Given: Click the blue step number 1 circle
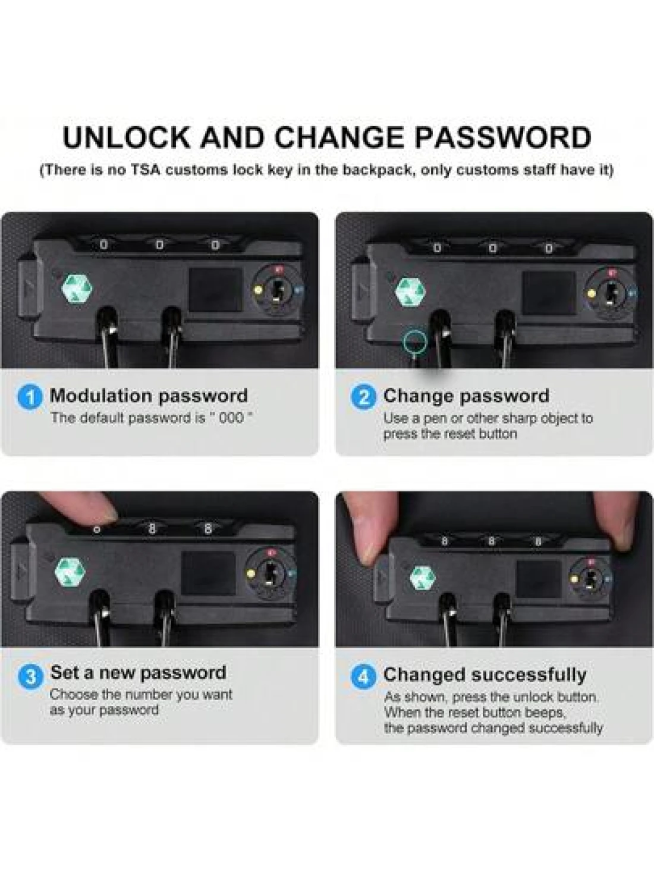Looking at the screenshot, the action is [x=30, y=397].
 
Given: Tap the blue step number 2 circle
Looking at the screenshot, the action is [x=363, y=397].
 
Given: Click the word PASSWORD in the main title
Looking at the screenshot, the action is [x=503, y=137].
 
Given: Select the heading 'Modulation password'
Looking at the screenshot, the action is [x=149, y=396].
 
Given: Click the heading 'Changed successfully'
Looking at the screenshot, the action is [x=485, y=675].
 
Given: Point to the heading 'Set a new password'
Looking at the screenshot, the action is [x=139, y=673].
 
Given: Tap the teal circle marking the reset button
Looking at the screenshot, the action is [x=415, y=341].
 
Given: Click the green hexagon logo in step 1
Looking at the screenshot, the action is [x=77, y=289].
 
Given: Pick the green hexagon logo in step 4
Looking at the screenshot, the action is [x=423, y=577].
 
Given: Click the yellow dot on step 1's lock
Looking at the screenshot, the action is [x=259, y=290].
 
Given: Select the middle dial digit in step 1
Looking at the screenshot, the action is [x=159, y=246].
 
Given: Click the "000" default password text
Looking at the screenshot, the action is [x=231, y=418].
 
